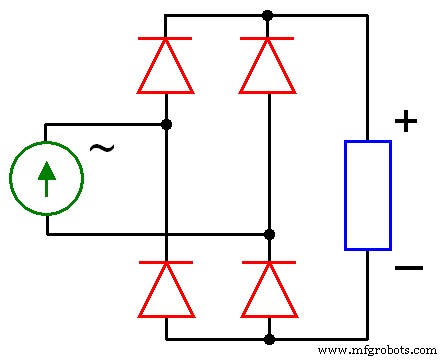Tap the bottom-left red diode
pyautogui.click(x=165, y=291)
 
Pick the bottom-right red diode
pyautogui.click(x=268, y=291)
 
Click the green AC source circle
pyautogui.click(x=46, y=179)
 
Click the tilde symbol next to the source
pyautogui.click(x=101, y=149)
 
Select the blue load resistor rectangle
pyautogui.click(x=367, y=195)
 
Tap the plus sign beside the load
pyautogui.click(x=405, y=121)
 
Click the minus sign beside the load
pyautogui.click(x=408, y=268)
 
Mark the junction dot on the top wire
pyautogui.click(x=267, y=15)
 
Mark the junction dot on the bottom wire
pyautogui.click(x=269, y=339)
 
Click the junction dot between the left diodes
pyautogui.click(x=166, y=124)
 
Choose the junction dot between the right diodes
pyautogui.click(x=269, y=234)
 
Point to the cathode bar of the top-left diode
pyautogui.click(x=165, y=39)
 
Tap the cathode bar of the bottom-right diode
pyautogui.click(x=268, y=263)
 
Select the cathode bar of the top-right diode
pyautogui.click(x=267, y=39)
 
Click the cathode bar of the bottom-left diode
pyautogui.click(x=165, y=263)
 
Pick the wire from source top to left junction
pyautogui.click(x=105, y=124)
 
